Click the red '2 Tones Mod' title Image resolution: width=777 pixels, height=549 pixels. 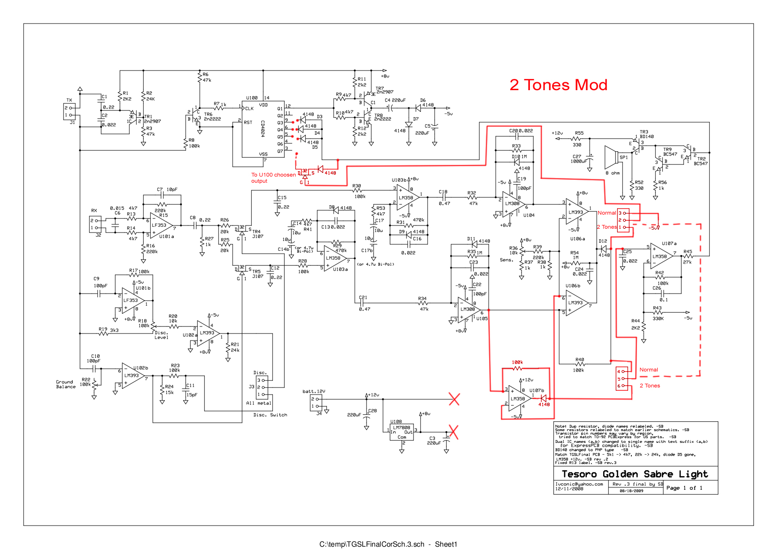point(558,85)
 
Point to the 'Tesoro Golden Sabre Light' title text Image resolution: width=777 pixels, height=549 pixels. point(635,474)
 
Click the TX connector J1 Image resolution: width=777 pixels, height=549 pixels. point(69,111)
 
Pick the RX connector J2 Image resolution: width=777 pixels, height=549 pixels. point(95,224)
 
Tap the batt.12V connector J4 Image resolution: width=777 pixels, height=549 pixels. point(316,402)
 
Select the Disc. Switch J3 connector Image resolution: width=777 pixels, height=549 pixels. point(261,387)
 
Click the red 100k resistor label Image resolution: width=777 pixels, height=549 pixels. point(517,362)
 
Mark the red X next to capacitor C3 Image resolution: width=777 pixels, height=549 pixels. point(453,432)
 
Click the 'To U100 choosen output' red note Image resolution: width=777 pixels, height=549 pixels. point(273,178)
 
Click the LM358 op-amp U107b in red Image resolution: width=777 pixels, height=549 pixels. point(519,399)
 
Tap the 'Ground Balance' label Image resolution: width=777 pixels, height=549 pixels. point(65,384)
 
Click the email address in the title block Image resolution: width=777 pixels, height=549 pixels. point(579,484)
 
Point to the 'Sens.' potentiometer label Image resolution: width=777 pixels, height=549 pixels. point(506,260)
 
